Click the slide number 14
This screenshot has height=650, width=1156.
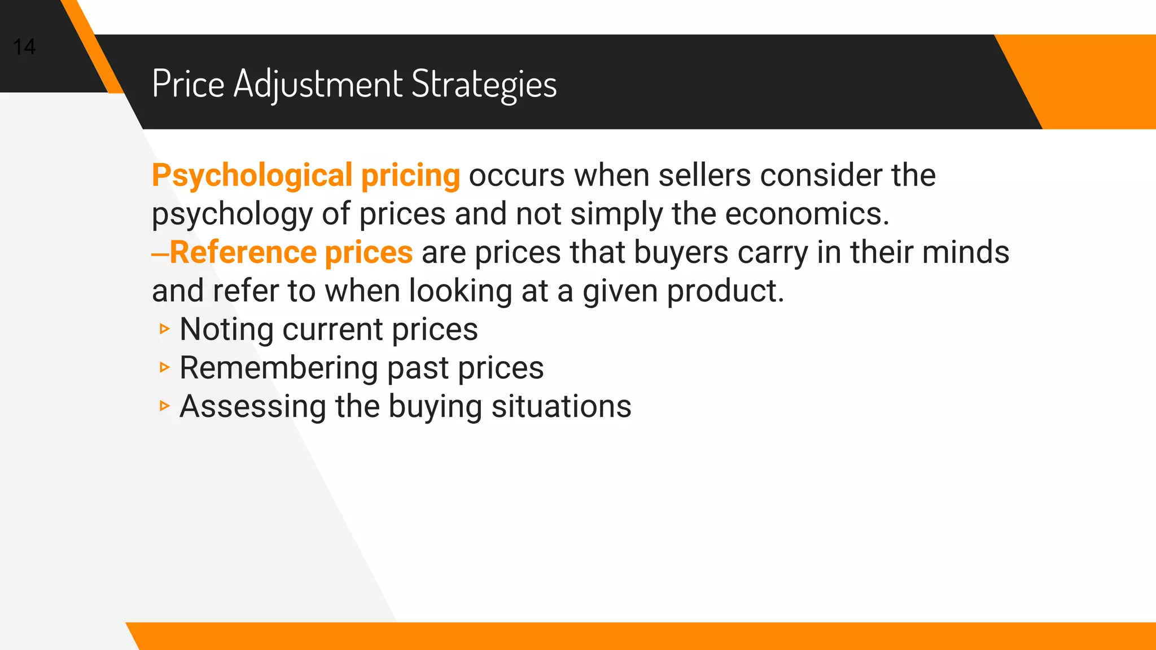click(x=24, y=47)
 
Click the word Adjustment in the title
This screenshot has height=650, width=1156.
click(x=318, y=85)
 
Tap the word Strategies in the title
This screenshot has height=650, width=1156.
click(x=484, y=85)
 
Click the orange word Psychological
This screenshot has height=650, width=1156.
click(x=252, y=175)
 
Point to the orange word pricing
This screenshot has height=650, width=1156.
click(x=410, y=175)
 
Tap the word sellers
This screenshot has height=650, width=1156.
click(x=704, y=175)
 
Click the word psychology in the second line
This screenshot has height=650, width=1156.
click(x=232, y=215)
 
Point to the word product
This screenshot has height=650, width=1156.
click(x=725, y=291)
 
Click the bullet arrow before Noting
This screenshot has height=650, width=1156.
click(x=164, y=328)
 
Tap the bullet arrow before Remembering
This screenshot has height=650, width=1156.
click(x=164, y=367)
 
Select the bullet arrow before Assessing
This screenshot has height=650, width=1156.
click(x=164, y=406)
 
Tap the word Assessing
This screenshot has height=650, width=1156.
click(x=252, y=407)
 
